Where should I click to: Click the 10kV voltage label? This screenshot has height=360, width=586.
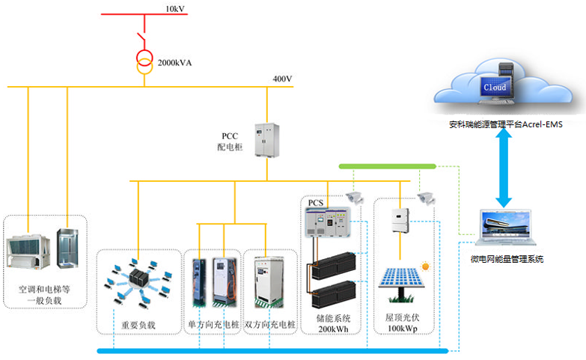pos(175,8)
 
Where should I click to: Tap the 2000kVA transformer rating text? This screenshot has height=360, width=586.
pos(174,63)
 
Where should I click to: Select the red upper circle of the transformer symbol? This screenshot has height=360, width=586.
pos(144,57)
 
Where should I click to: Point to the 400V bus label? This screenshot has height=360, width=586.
pos(282,79)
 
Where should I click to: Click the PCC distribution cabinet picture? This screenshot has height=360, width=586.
pos(267,140)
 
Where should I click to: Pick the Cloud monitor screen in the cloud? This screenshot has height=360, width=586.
pos(495,88)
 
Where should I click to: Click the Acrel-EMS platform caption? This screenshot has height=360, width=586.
pos(506,124)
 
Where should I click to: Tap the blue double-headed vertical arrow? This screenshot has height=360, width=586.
pos(504,168)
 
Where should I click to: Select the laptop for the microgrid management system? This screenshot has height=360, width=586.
pos(506,229)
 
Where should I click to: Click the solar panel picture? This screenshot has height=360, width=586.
pos(401,284)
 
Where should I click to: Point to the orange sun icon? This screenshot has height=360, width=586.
pos(425,266)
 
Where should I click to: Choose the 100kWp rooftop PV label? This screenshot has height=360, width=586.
pos(402,323)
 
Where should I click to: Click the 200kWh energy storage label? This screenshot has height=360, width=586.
pos(333,324)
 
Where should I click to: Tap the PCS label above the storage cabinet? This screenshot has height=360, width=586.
pos(315,203)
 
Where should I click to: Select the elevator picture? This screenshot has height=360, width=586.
pos(67,248)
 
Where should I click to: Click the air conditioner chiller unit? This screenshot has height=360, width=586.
pos(28,251)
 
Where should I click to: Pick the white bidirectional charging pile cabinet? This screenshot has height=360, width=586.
pos(269,282)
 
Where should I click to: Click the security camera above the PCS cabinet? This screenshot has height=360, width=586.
pos(354,198)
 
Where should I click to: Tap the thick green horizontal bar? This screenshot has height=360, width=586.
pos(388,166)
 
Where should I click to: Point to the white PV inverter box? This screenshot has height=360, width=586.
pos(400,220)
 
